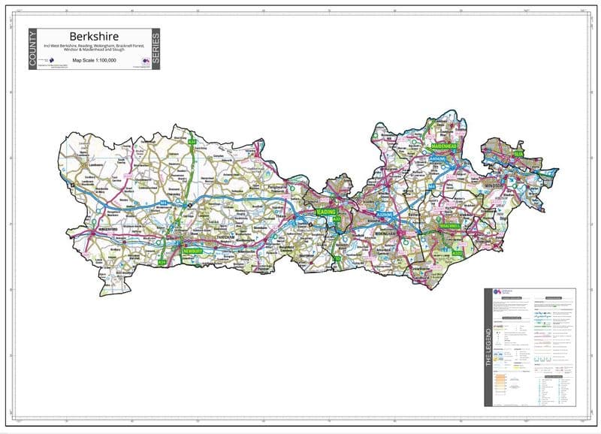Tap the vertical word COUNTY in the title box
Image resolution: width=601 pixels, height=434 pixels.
[32, 50]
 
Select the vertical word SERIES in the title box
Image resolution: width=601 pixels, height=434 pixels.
[156, 50]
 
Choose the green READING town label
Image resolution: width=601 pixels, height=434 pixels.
[325, 212]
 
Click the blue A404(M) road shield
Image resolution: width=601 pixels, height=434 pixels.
[437, 159]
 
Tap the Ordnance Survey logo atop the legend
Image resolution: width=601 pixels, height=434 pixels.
[498, 293]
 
